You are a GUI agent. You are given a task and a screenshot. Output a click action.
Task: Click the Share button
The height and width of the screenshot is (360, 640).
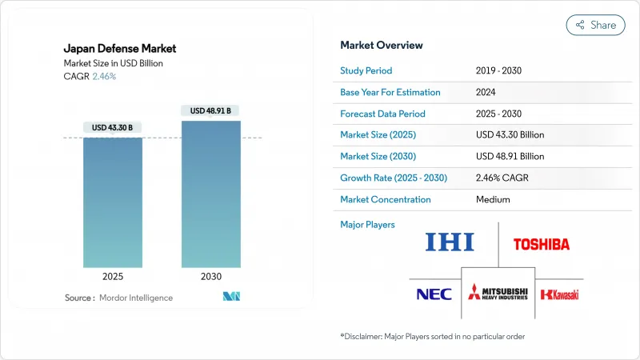click(595, 25)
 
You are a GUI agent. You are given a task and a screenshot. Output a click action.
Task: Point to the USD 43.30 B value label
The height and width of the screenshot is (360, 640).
click(113, 128)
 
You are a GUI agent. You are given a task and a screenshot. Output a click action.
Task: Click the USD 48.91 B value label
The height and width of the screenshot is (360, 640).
click(210, 110)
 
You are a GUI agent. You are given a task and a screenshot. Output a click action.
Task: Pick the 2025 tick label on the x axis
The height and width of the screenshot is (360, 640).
click(113, 277)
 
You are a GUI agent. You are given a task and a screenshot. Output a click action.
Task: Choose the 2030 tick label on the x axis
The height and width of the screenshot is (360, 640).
click(210, 277)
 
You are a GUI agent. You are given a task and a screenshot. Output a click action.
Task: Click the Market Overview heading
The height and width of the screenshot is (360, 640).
click(382, 45)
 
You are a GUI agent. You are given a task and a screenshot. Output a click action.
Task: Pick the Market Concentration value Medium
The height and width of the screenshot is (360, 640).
click(493, 199)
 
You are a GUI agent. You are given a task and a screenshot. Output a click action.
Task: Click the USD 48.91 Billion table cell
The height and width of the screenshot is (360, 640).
click(510, 156)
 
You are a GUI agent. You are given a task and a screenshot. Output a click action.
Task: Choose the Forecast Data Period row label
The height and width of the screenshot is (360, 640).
click(382, 114)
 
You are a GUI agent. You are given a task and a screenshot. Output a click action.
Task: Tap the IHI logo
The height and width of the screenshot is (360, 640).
click(449, 242)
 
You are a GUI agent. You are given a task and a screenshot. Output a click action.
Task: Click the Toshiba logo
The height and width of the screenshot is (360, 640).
click(542, 243)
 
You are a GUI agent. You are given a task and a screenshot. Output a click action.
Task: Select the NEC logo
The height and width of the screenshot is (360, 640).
click(434, 294)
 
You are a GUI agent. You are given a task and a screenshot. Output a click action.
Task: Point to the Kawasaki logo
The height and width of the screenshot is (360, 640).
click(559, 294)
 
